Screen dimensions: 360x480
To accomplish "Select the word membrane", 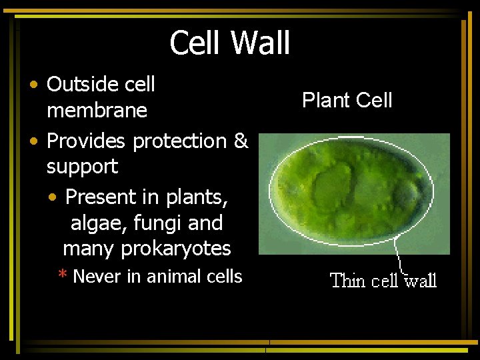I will coord(97,111).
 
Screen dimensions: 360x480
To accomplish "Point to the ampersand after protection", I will coord(241,141).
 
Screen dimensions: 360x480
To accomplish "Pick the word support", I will coord(82,167).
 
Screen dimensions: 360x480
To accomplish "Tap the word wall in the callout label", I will coord(420,281).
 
